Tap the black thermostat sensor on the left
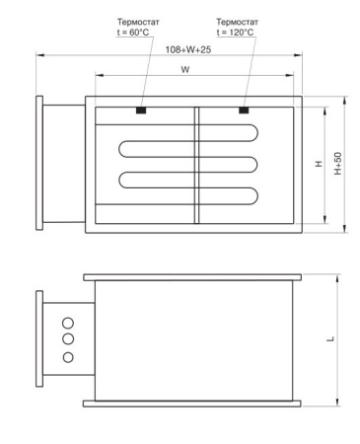pyautogui.click(x=142, y=110)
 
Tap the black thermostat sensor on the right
pyautogui.click(x=244, y=110)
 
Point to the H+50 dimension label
pyautogui.click(x=337, y=163)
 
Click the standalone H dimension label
pyautogui.click(x=319, y=164)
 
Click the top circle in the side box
pyautogui.click(x=68, y=322)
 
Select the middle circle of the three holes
pyautogui.click(x=68, y=338)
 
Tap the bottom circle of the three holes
pyautogui.click(x=68, y=355)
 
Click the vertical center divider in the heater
pyautogui.click(x=197, y=164)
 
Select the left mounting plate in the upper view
pyautogui.click(x=40, y=163)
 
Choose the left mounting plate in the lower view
pyautogui.click(x=39, y=338)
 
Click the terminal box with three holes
pyautogui.click(x=69, y=338)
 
